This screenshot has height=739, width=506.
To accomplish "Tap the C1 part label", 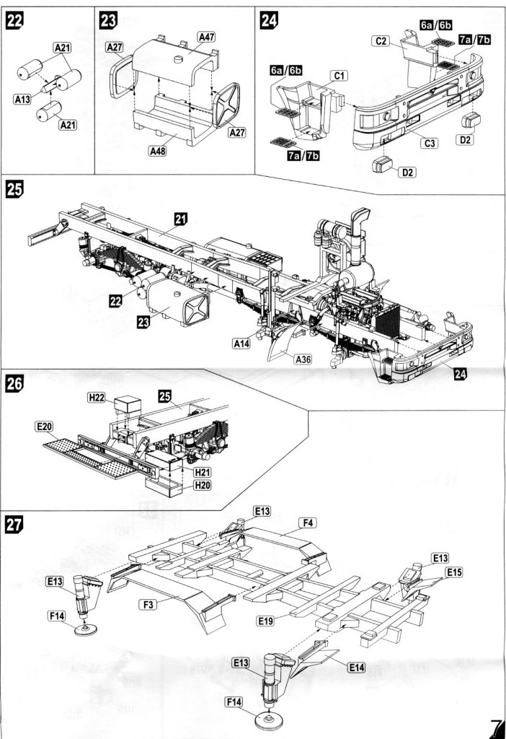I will pos(339,75).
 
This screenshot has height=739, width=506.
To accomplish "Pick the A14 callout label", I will pos(242,345).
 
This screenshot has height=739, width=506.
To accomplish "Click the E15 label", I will pos(454,572).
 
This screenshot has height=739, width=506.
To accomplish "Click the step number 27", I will pos(14,525).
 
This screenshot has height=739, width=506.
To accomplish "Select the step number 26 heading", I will pos(14,384).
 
